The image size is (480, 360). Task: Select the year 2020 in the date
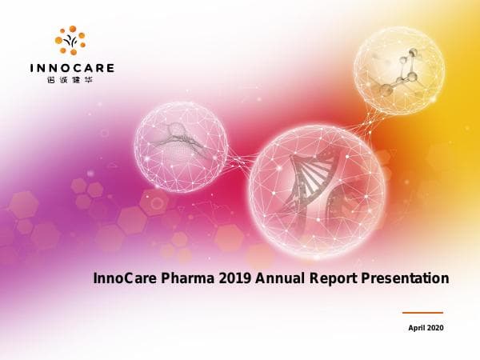click(x=434, y=328)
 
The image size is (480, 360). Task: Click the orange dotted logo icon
click(x=70, y=41)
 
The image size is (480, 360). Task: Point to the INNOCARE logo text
click(x=70, y=68)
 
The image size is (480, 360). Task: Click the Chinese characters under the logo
click(x=70, y=81)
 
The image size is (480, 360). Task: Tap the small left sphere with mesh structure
click(x=180, y=146)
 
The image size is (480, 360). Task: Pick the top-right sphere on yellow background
click(x=398, y=70)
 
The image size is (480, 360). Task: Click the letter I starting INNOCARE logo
click(x=31, y=68)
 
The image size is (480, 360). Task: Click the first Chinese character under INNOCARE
click(x=53, y=81)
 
